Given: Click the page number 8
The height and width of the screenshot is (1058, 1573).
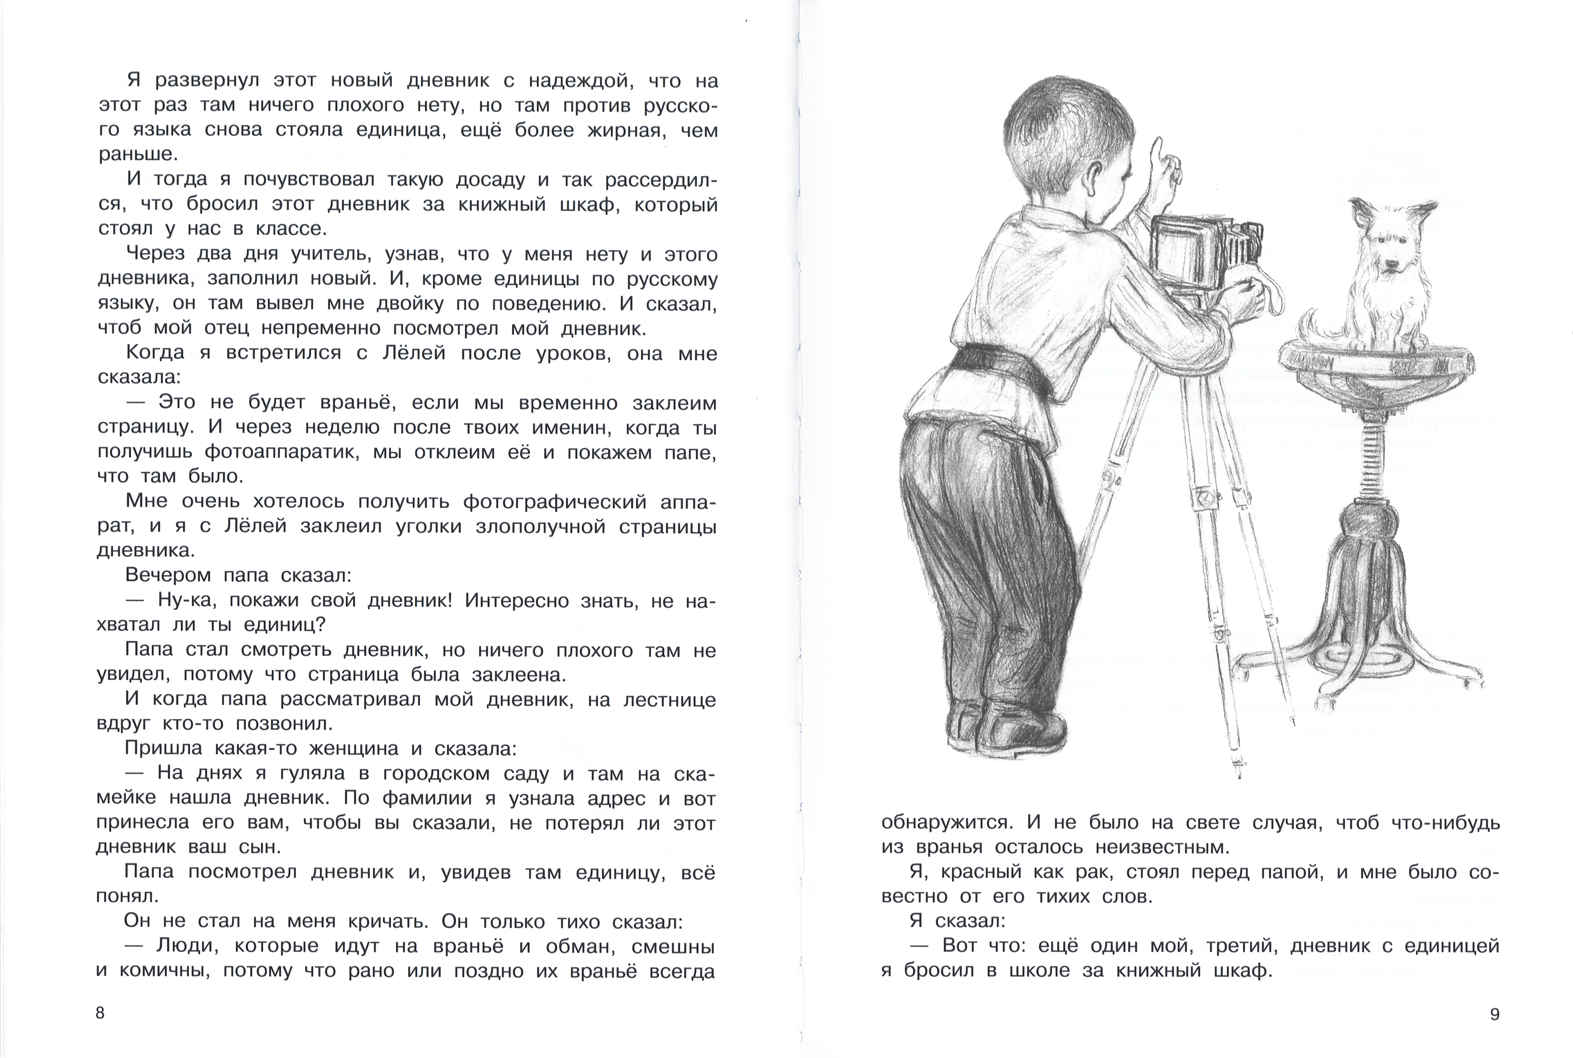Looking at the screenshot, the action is [x=100, y=1013].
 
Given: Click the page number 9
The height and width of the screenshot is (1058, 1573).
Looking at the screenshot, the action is [x=1494, y=1014].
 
